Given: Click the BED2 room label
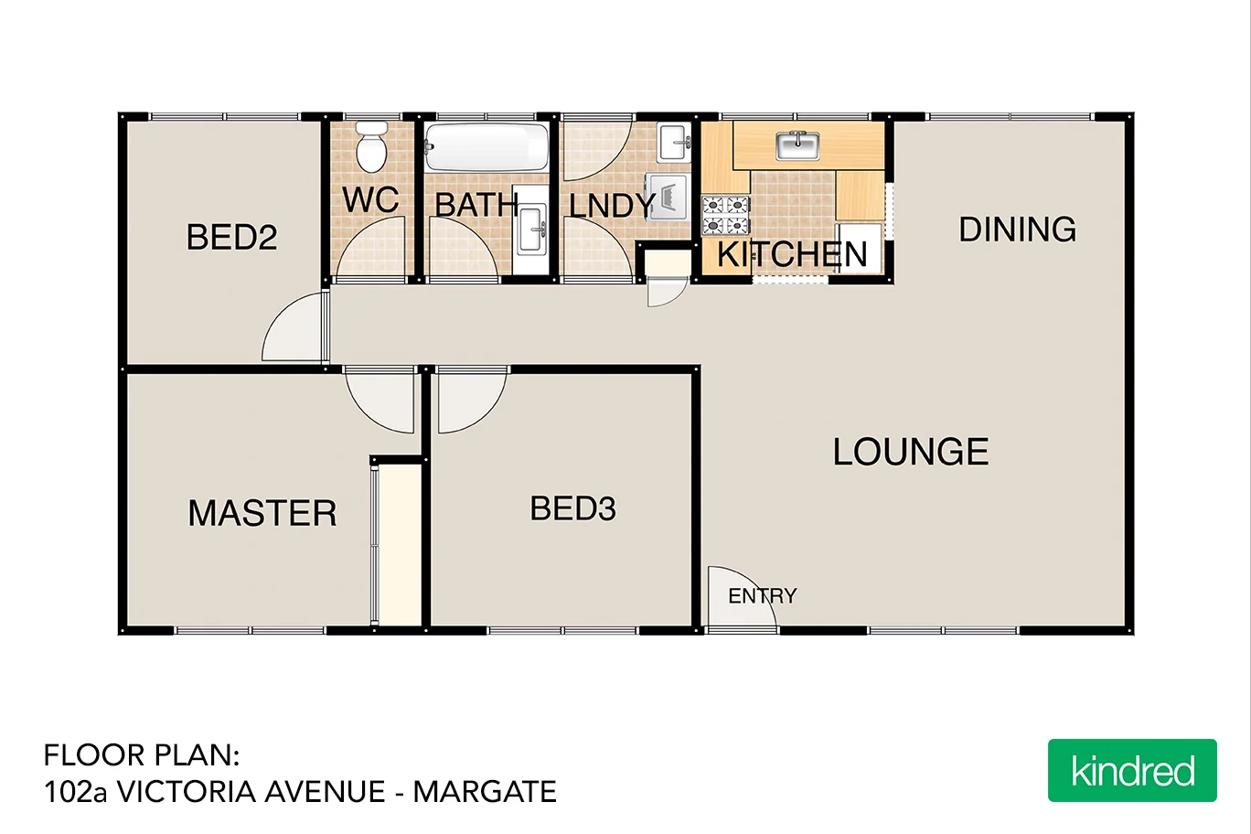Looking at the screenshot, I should (231, 238).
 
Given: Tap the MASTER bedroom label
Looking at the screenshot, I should (262, 513).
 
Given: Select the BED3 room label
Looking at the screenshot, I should (572, 508).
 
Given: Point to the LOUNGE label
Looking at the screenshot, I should (911, 452).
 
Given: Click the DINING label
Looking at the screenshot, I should (1017, 230).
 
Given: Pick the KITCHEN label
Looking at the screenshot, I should (792, 254).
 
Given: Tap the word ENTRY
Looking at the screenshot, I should (762, 596).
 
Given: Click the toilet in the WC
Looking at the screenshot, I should (371, 147).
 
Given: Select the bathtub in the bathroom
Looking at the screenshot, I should (486, 146).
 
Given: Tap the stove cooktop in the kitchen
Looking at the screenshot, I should (725, 216).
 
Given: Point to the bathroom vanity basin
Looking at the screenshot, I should (530, 229).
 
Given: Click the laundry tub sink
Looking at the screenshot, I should (674, 142).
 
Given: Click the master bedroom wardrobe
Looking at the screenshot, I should (400, 544).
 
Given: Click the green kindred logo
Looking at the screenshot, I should (1132, 771).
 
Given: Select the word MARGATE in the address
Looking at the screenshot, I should (485, 792).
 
